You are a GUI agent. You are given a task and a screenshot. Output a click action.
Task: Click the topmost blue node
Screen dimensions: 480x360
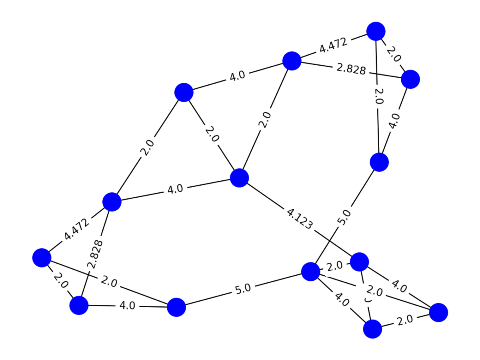coord(376,31)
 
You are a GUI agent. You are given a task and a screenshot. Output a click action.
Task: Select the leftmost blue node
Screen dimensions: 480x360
coord(42,258)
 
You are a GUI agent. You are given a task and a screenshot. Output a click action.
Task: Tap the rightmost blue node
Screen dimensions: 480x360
coord(438,312)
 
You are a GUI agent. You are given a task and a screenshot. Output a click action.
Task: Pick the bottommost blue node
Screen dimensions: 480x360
coord(372,329)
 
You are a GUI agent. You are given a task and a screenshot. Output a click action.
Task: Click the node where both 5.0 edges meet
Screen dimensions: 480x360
coord(310,272)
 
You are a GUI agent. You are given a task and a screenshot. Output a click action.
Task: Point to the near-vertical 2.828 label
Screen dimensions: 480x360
coord(95,254)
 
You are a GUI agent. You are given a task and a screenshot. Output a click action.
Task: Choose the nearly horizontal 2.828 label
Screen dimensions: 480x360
coord(351,69)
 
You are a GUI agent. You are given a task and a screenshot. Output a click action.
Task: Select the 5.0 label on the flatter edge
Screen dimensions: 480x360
coord(243,289)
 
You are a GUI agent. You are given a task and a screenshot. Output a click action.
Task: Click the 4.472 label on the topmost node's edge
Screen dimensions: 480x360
coord(333,46)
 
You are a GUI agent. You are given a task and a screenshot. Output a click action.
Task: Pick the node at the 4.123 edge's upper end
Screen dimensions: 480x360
coord(240,178)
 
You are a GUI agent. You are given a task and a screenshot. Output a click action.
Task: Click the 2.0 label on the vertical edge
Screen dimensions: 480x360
coord(378,96)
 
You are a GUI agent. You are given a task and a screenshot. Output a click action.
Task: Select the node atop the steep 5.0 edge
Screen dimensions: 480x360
coord(379,162)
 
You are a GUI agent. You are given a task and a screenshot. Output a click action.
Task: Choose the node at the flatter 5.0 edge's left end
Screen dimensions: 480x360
coord(176,307)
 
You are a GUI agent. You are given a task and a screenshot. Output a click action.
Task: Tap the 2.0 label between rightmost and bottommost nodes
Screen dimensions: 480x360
coord(405,321)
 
